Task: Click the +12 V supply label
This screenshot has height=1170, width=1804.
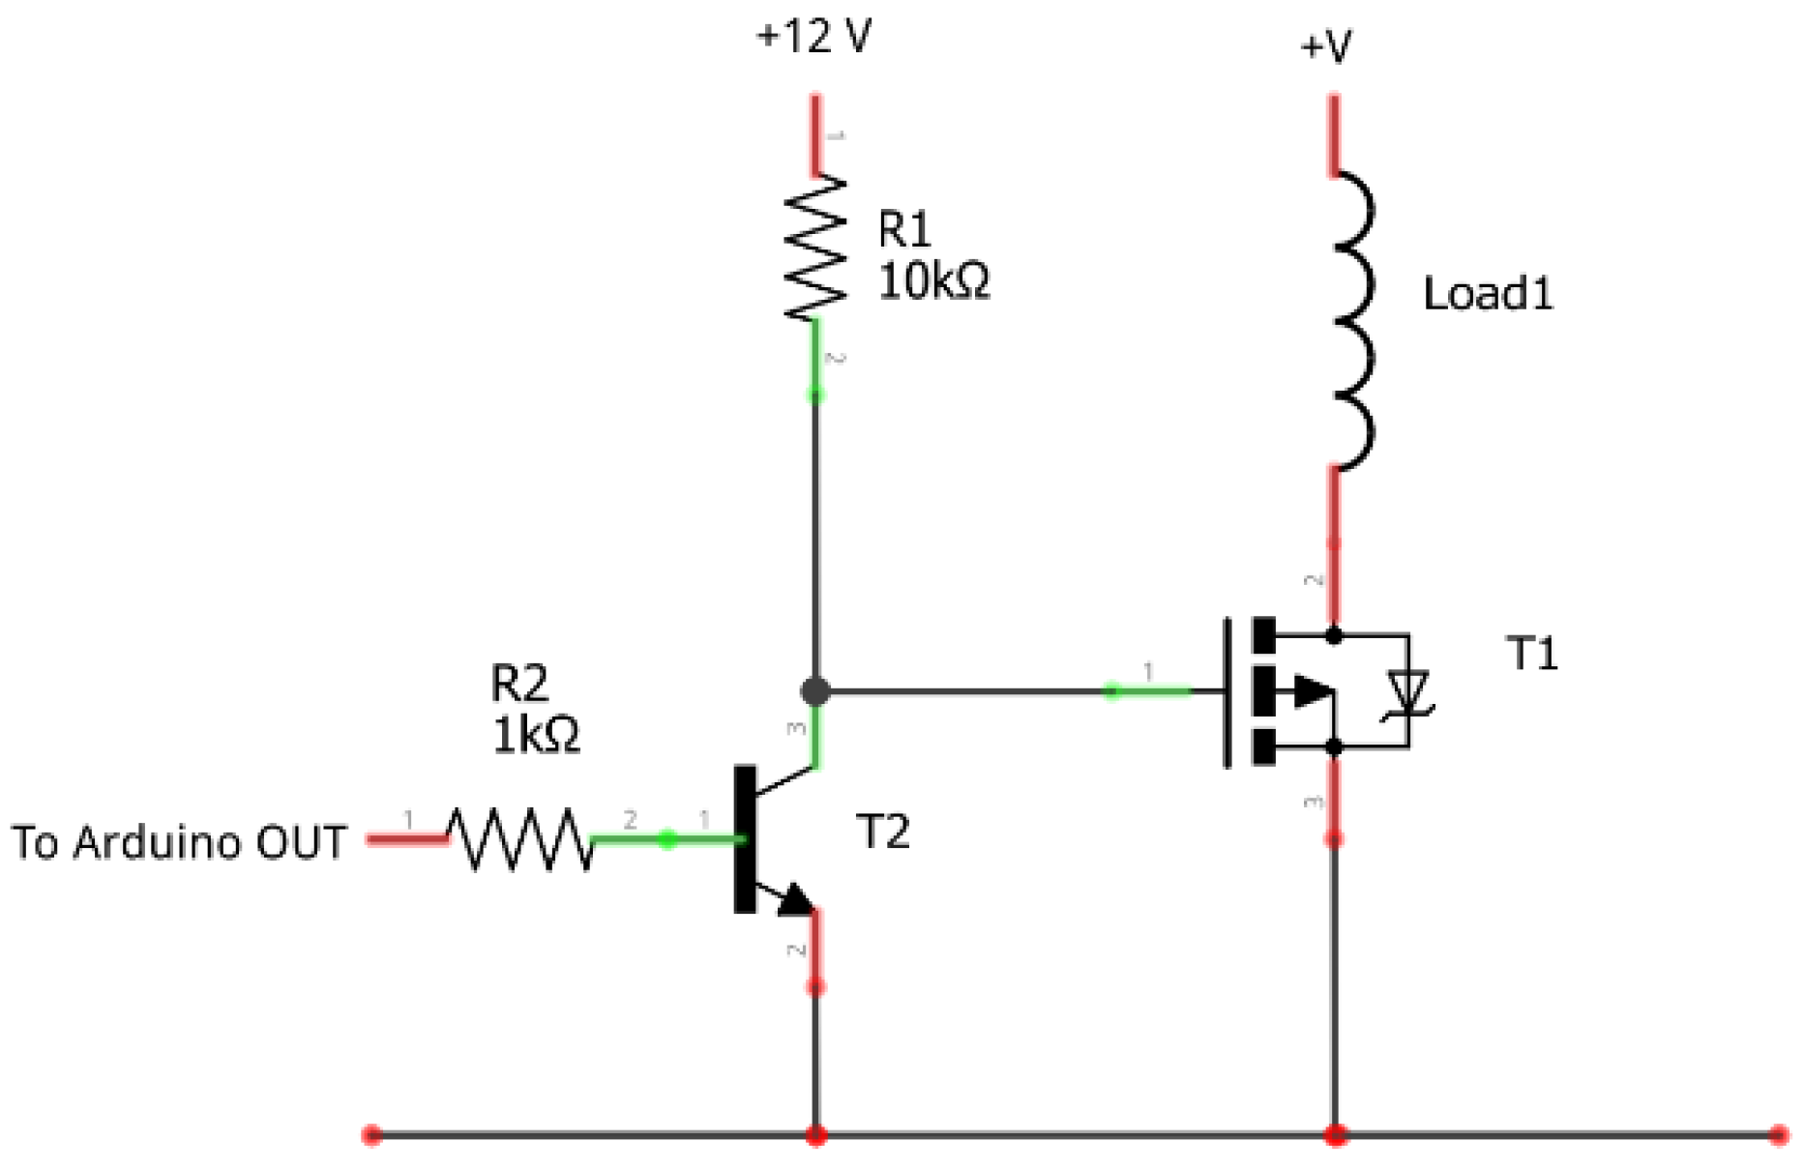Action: coord(813,37)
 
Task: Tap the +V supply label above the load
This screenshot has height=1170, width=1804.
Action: coord(1325,45)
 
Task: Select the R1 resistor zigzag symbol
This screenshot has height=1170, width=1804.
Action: coord(815,248)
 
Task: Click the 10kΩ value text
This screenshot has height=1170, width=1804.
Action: coord(933,281)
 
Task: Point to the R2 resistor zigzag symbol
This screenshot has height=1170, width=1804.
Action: coord(519,838)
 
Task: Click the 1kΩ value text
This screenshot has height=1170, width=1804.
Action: coord(536,735)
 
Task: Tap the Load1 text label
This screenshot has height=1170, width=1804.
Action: coord(1488,293)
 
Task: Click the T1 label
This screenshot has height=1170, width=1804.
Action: coord(1532,655)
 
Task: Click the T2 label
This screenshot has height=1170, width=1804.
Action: coord(882,832)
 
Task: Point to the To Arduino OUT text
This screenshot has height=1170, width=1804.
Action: coord(179,842)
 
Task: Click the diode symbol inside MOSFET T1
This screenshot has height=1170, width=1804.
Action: coord(1407,692)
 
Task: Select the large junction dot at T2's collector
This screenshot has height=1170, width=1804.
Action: coord(815,691)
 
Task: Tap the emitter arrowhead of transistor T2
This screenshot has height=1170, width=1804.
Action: coord(796,899)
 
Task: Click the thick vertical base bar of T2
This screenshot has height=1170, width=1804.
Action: coord(745,838)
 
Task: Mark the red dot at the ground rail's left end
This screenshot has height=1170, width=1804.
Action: coord(371,1134)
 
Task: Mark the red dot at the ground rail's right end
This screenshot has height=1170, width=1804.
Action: coord(1778,1134)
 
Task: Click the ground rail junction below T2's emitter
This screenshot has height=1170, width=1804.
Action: coord(815,1134)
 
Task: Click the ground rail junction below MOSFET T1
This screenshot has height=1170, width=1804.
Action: coord(1335,1134)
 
